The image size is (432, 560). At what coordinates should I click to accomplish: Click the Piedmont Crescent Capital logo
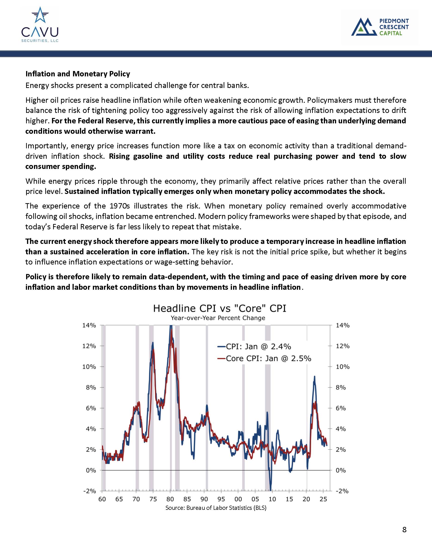pyautogui.click(x=380, y=27)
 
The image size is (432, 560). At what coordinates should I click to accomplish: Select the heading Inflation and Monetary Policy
pyautogui.click(x=78, y=74)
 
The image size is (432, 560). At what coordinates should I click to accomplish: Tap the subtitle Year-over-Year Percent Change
pyautogui.click(x=218, y=318)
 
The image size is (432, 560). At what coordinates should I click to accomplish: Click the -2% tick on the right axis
pyautogui.click(x=342, y=491)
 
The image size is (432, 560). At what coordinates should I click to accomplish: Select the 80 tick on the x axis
pyautogui.click(x=170, y=499)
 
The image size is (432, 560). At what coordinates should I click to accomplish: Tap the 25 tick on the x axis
pyautogui.click(x=323, y=499)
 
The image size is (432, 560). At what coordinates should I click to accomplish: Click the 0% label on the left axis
pyautogui.click(x=91, y=470)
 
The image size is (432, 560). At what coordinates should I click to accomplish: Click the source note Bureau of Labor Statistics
pyautogui.click(x=216, y=508)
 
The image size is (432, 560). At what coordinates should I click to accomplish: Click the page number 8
pyautogui.click(x=404, y=530)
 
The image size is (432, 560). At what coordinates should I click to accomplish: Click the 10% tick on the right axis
pyautogui.click(x=342, y=367)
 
